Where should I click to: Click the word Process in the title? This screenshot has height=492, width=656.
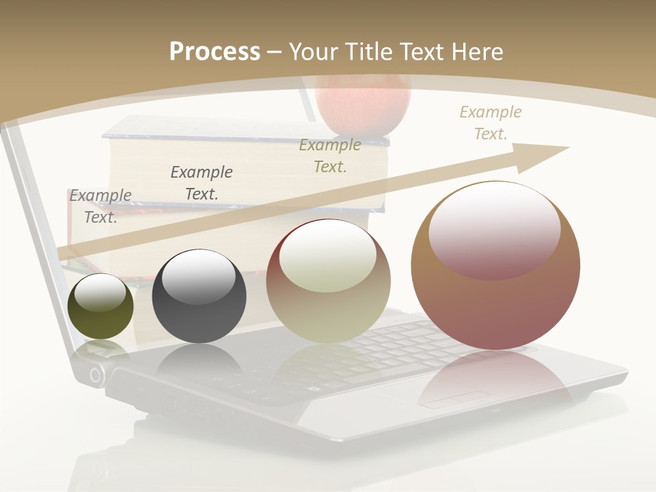[215, 52]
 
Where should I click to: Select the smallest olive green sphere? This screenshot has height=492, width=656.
[100, 306]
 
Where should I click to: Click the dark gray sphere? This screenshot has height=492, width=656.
[199, 297]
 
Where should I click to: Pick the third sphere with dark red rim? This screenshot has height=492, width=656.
[328, 282]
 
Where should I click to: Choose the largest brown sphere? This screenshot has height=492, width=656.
[495, 266]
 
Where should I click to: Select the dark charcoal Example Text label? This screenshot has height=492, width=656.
[202, 182]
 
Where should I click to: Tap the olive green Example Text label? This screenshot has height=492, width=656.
[330, 155]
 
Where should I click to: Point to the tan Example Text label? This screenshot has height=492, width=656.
[491, 123]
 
